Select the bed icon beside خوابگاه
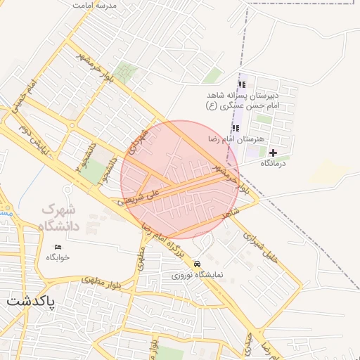pos(58,247)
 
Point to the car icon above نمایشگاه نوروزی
pos(198,264)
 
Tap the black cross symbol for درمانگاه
pos(273,153)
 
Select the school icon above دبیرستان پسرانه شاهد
pos(243,85)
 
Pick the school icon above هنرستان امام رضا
pos(236,128)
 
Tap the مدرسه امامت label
pos(95,5)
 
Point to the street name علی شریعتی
pos(140,196)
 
